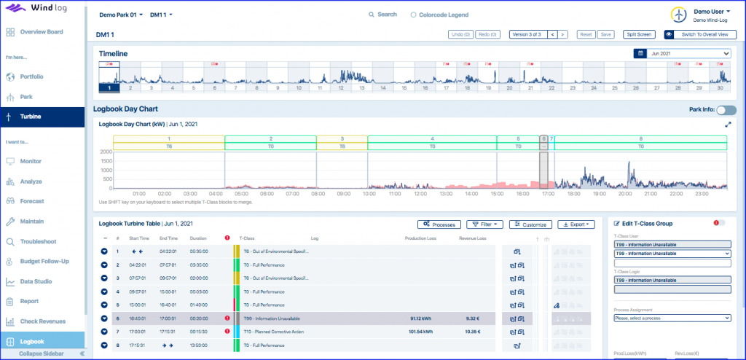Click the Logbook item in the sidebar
point(33,341)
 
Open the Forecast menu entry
point(32,201)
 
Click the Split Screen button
point(640,34)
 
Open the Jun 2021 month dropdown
point(689,53)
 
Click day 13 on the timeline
point(363,88)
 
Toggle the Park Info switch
point(726,110)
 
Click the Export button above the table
point(576,224)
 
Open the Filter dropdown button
point(484,224)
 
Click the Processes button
point(439,224)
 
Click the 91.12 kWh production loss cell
point(422,318)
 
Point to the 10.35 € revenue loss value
point(474,332)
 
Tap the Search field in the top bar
point(383,15)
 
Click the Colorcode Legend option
point(439,15)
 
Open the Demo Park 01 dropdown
point(120,15)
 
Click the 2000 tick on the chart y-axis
point(106,152)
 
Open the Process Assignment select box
point(672,318)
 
